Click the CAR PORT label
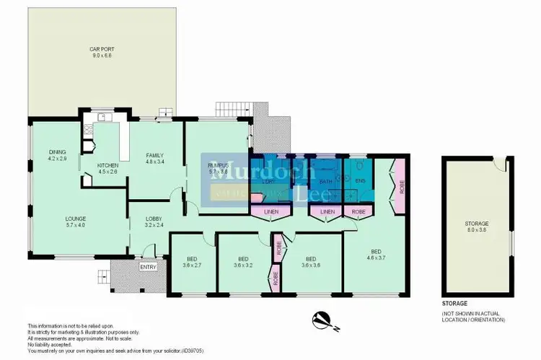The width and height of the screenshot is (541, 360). pos(102,49)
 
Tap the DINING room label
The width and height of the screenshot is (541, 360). pos(57,152)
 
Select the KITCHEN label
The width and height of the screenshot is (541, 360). pos(108,165)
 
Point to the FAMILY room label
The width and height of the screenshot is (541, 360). pos(155,155)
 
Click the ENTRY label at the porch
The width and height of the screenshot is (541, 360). pos(148,268)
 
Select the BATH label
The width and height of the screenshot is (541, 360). pos(326,181)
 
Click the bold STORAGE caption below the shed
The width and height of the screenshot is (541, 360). pos(455,304)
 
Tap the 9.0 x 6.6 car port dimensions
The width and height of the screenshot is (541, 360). pos(102,56)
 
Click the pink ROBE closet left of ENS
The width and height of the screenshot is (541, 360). pos(356,211)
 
